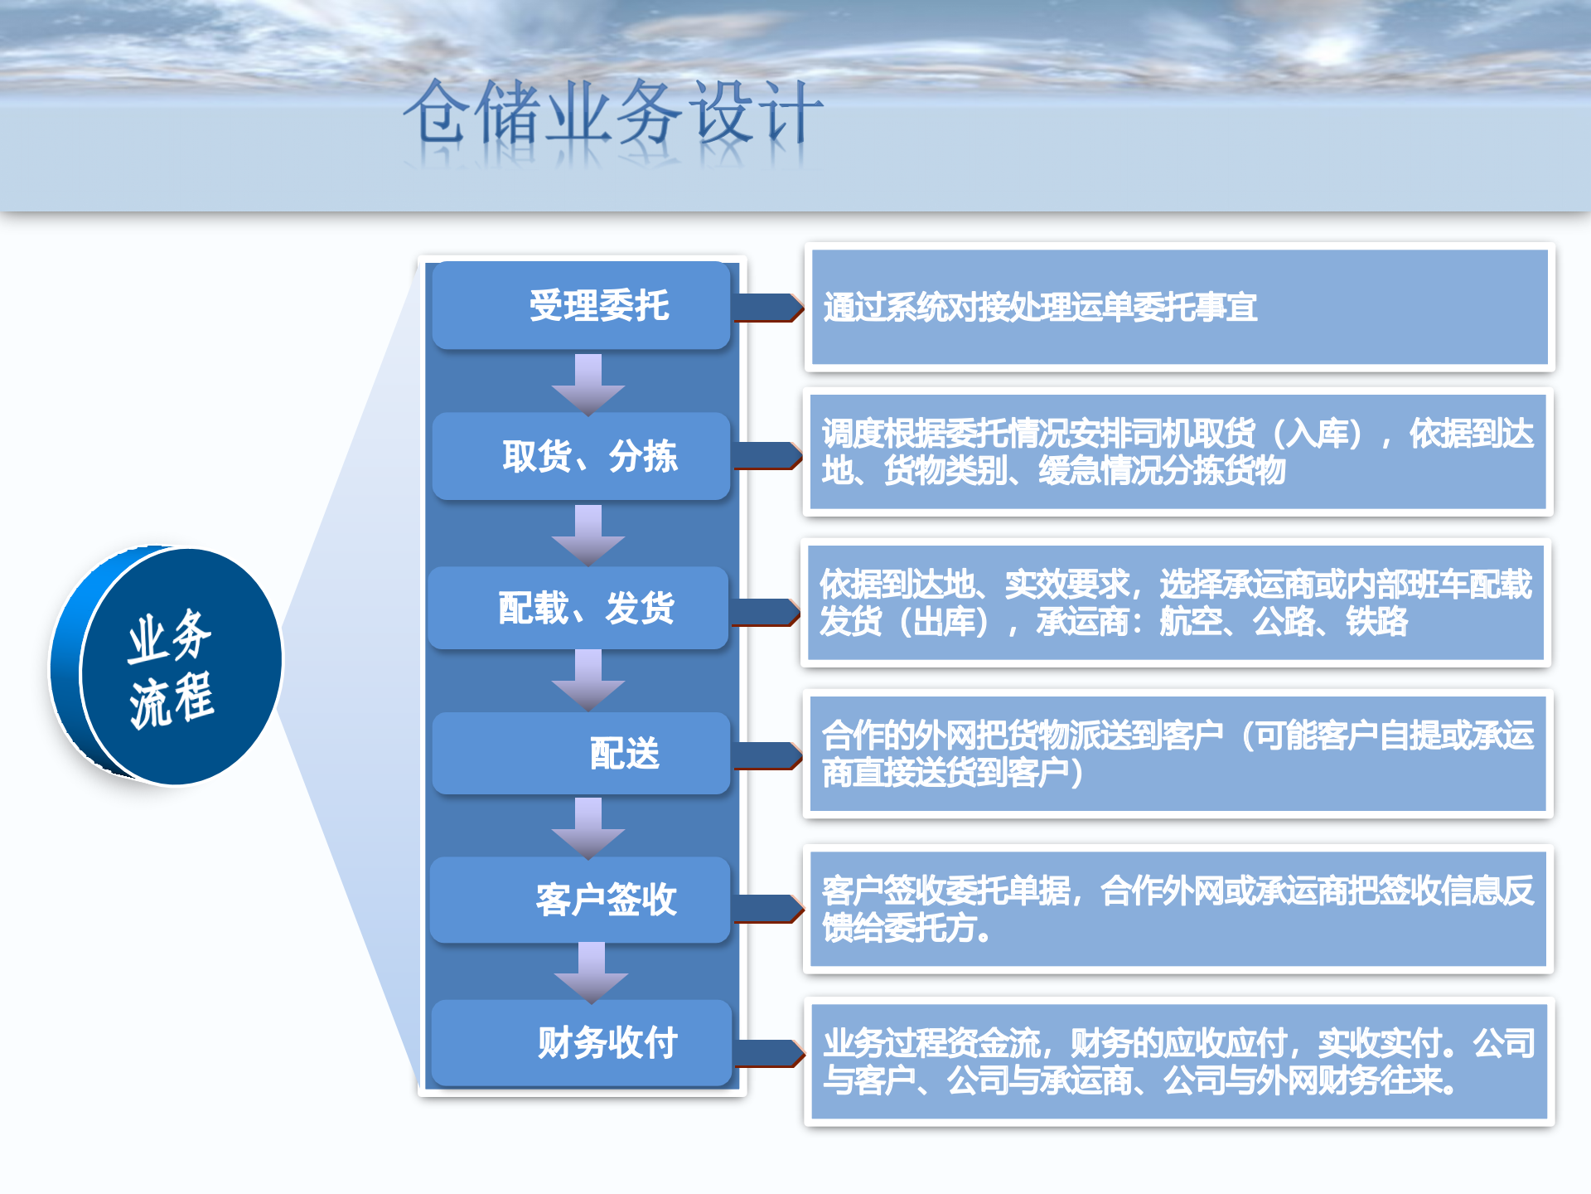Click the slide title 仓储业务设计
(x=613, y=112)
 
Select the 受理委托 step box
(x=581, y=305)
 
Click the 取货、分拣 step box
(x=581, y=456)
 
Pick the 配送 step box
(x=581, y=753)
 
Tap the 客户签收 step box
(x=580, y=900)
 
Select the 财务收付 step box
(x=581, y=1042)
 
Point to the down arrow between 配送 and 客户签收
(x=588, y=828)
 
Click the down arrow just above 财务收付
(x=591, y=973)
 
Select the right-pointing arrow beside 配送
(x=767, y=755)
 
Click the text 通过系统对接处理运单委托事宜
(x=1040, y=307)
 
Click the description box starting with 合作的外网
(x=1178, y=754)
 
